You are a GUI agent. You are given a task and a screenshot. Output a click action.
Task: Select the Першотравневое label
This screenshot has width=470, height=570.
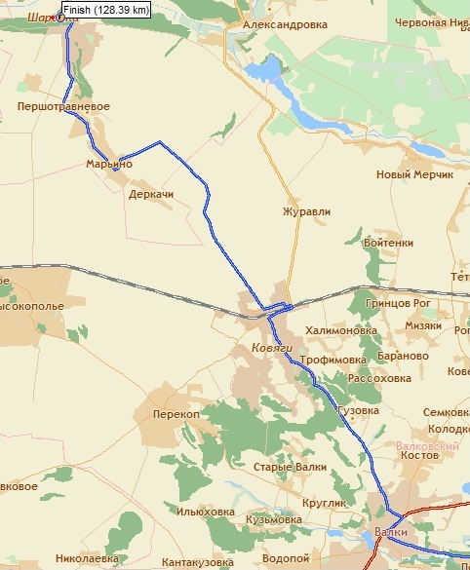63,106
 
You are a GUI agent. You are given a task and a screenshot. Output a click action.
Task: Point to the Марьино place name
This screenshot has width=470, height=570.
108,164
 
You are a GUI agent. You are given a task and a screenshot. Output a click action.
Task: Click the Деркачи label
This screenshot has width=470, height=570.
150,195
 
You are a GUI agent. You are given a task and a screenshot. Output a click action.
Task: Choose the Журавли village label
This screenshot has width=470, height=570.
306,210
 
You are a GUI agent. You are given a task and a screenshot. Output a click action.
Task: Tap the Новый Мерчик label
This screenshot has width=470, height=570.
414,175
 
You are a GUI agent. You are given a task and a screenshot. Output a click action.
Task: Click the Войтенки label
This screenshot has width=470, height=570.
387,243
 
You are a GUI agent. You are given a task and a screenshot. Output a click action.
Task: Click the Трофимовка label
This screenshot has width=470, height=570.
334,360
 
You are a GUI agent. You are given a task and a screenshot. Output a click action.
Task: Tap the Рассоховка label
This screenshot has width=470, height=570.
379,378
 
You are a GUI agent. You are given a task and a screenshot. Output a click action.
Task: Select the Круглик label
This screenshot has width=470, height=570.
325,503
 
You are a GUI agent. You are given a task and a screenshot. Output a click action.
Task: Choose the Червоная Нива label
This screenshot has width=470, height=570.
432,21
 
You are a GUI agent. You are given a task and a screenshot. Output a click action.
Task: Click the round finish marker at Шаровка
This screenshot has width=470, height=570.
60,17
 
